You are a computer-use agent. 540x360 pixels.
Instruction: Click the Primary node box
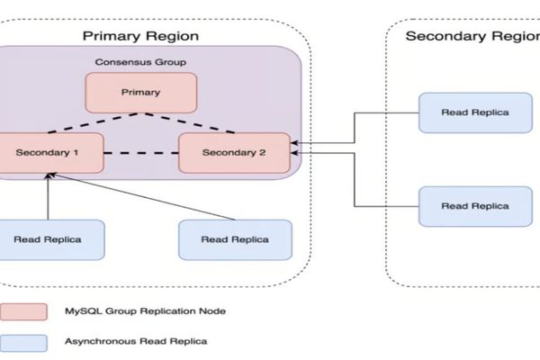140,92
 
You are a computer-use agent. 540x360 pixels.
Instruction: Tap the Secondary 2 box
234,153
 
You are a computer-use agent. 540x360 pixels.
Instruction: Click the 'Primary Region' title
140,36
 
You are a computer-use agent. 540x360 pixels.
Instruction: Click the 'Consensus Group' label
140,63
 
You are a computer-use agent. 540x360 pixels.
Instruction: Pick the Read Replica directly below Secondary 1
48,239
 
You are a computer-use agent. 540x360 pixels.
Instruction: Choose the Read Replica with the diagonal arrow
234,239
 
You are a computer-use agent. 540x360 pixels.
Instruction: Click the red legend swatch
24,310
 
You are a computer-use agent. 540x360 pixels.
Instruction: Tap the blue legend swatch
24,342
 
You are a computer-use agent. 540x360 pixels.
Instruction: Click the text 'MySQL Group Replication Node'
145,310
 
